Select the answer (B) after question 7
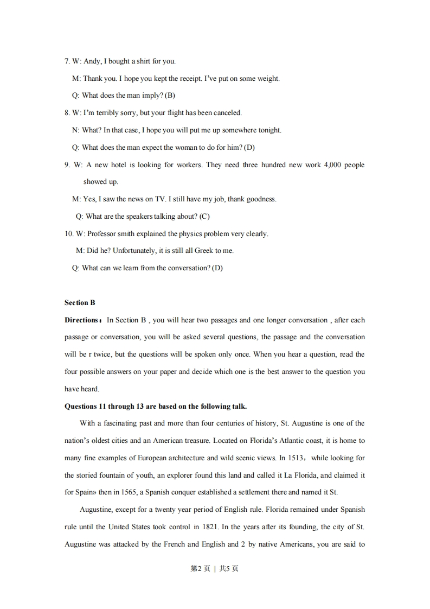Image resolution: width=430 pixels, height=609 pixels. pos(170,96)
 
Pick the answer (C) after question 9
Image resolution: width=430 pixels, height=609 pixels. pos(204,217)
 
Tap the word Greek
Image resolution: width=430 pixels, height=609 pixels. pos(203,251)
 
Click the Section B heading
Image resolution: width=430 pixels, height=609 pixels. pos(80,303)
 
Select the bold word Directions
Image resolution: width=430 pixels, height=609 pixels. pos(81,320)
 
